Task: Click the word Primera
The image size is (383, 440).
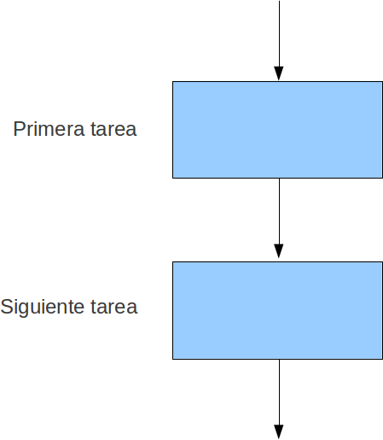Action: (49, 129)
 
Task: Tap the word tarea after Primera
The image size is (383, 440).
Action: (113, 129)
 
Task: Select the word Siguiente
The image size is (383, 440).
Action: (42, 307)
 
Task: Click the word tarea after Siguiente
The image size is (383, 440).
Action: (114, 307)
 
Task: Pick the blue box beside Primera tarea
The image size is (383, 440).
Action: (277, 130)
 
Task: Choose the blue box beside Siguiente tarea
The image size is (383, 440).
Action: (277, 310)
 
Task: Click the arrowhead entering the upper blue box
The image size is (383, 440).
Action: (279, 73)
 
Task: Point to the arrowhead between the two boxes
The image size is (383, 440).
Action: (279, 251)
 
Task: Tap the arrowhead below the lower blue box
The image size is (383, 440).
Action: (279, 432)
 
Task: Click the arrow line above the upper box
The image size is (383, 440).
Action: (279, 41)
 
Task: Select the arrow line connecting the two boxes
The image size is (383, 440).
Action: (279, 219)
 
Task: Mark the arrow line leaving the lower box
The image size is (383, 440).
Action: (279, 399)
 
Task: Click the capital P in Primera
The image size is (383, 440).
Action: (18, 129)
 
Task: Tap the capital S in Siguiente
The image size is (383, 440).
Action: (6, 307)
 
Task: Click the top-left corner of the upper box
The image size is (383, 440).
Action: (172, 82)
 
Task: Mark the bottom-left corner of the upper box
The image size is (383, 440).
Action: (172, 179)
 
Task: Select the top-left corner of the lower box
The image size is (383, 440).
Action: (172, 261)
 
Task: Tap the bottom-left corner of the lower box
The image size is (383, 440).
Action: (172, 359)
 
